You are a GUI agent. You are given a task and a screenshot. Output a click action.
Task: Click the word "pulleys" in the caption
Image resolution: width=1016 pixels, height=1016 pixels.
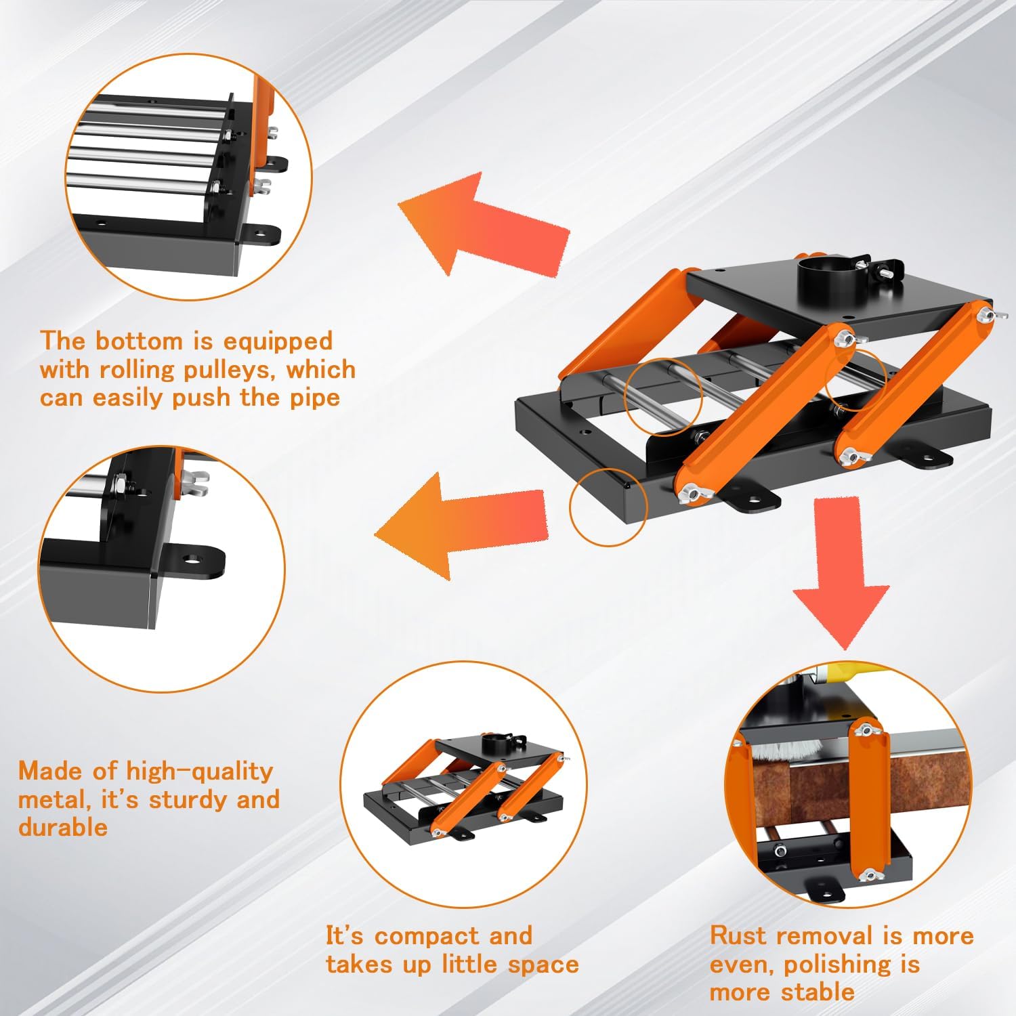(219, 371)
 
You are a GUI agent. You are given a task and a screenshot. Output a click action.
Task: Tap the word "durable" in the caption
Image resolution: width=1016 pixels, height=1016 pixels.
(62, 828)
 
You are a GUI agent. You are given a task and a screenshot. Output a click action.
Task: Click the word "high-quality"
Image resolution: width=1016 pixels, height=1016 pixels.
(199, 771)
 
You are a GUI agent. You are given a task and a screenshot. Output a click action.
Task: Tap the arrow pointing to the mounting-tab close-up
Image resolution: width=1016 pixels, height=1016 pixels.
(461, 525)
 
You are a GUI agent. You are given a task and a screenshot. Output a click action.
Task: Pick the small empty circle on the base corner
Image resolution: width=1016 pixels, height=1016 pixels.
(608, 507)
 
